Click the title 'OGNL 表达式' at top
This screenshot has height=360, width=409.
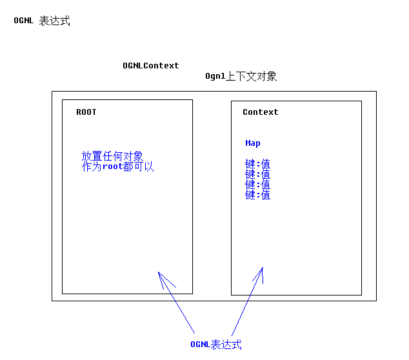(x=42, y=21)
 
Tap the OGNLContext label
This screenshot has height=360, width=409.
(x=151, y=66)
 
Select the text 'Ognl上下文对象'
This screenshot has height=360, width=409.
(x=241, y=77)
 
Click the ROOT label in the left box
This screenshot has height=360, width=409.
(x=86, y=112)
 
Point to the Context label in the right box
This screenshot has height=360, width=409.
(x=261, y=112)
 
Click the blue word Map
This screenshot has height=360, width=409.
(x=253, y=143)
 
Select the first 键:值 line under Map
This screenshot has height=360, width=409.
(x=258, y=165)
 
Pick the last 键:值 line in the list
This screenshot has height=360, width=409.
(x=258, y=195)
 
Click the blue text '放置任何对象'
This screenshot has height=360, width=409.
(x=112, y=156)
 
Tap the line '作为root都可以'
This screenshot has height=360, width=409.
(x=118, y=166)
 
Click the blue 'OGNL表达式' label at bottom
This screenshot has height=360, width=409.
(x=216, y=345)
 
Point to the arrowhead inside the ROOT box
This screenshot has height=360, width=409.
(x=159, y=274)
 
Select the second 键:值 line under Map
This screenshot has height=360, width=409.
(x=258, y=175)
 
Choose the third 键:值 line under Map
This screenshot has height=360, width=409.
(x=258, y=185)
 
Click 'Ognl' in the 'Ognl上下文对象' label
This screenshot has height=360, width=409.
(x=215, y=77)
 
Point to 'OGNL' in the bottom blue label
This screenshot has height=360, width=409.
(x=201, y=345)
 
